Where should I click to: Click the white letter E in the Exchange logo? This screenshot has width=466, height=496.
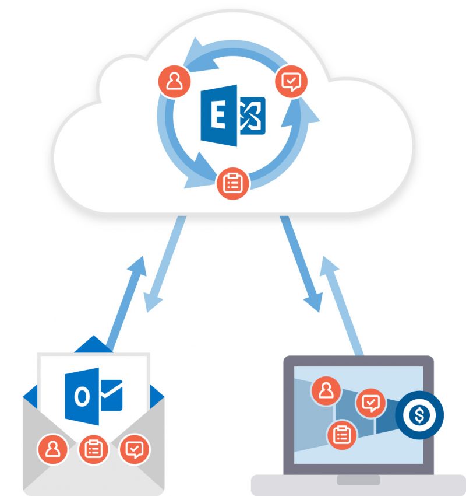(217, 117)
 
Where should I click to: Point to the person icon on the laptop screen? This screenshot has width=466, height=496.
(326, 391)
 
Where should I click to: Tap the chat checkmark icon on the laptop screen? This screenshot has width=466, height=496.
(370, 403)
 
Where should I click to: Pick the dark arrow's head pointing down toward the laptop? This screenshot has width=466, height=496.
(312, 302)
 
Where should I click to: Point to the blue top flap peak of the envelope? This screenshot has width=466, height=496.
(93, 340)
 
